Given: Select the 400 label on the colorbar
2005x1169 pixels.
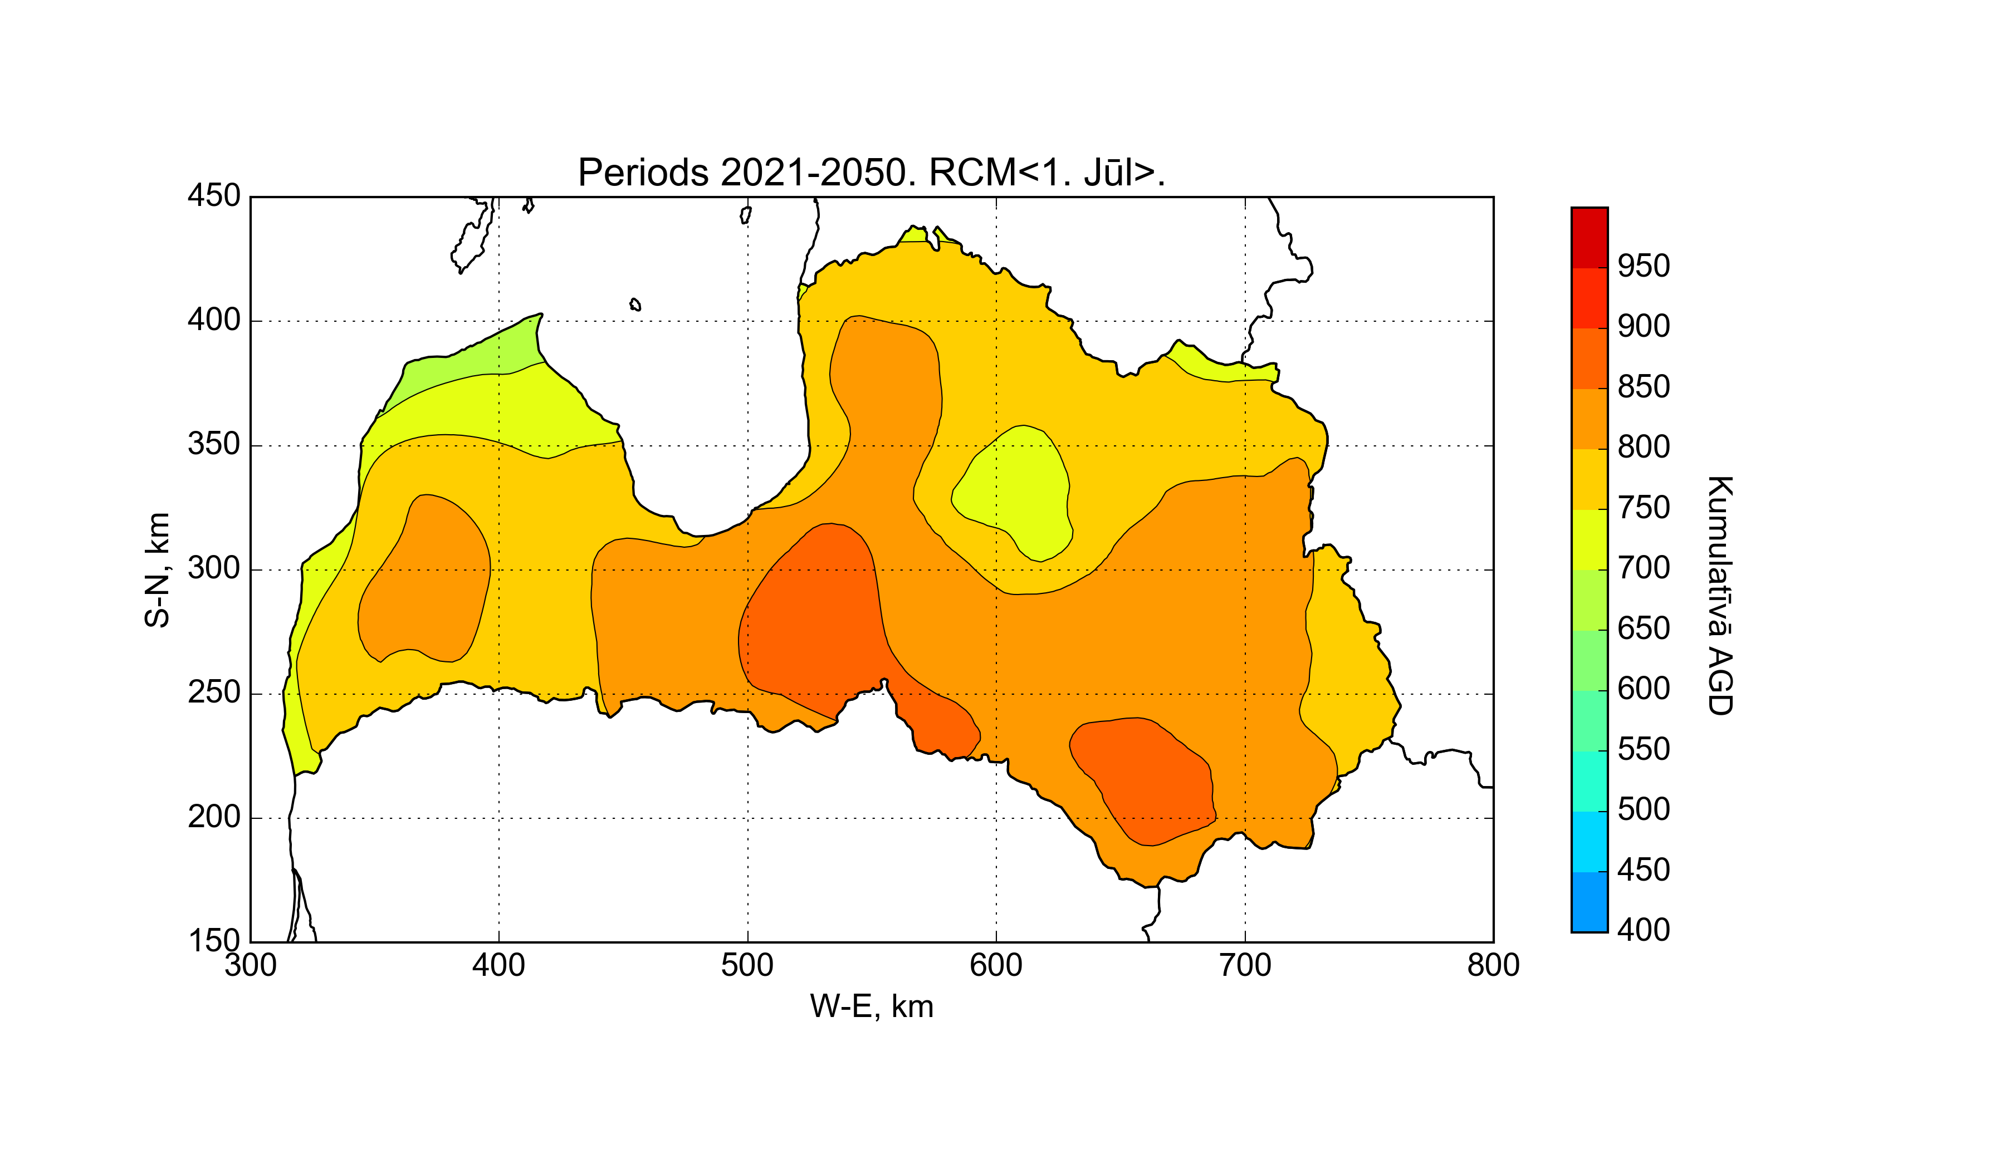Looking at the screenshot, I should click(1644, 930).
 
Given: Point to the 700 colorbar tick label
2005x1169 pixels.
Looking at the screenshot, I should click(1644, 568).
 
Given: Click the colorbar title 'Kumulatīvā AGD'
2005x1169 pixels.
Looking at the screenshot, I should click(1720, 596).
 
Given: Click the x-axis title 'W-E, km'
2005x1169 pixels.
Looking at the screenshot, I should click(871, 1007).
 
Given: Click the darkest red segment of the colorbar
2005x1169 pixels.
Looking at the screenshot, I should click(1590, 237).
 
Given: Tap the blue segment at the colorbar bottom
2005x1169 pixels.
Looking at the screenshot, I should click(1590, 902).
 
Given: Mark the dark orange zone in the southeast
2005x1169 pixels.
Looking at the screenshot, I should click(1146, 779).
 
